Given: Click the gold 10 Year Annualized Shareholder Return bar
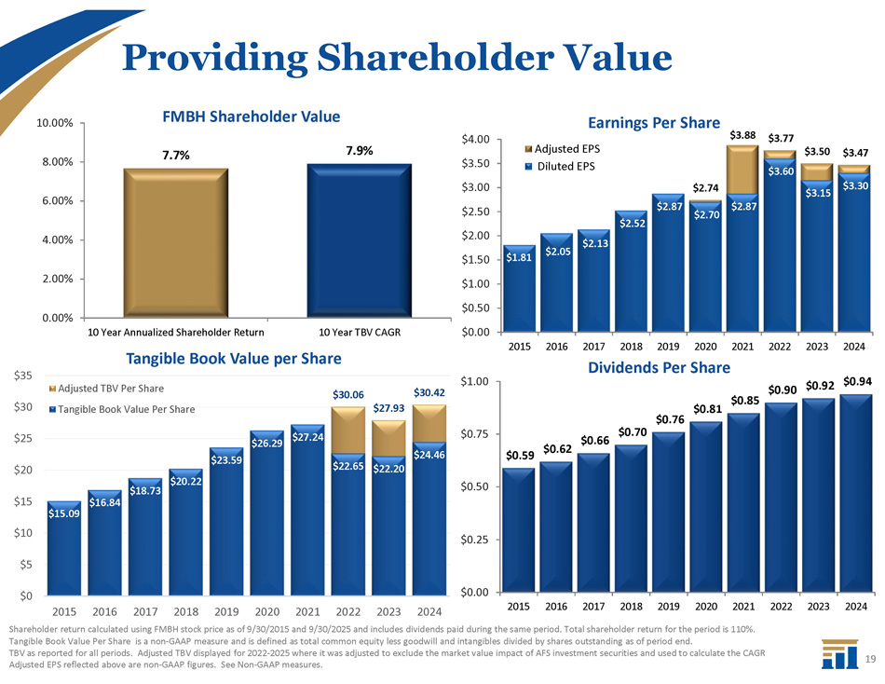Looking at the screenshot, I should tap(176, 242).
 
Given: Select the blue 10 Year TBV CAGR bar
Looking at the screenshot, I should tap(359, 240).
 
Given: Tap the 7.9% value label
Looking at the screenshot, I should tap(359, 150).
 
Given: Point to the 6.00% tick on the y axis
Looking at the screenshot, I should tap(58, 201).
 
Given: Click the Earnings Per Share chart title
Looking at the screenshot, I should tap(654, 122).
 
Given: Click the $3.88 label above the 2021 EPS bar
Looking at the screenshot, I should tap(742, 135).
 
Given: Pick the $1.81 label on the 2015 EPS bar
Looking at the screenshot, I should tap(519, 257).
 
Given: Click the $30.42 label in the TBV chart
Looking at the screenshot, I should tap(429, 393).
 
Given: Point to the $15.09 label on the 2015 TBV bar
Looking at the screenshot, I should tap(63, 513).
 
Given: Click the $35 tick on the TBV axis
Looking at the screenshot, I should tap(24, 376).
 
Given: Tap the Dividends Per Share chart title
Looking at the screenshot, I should tap(659, 368).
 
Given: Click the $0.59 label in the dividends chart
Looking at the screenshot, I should tap(520, 456).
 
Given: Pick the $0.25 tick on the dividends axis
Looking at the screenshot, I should tap(475, 540).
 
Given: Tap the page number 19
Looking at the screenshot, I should tap(871, 660).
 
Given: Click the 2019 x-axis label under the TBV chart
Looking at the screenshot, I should tap(226, 612).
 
